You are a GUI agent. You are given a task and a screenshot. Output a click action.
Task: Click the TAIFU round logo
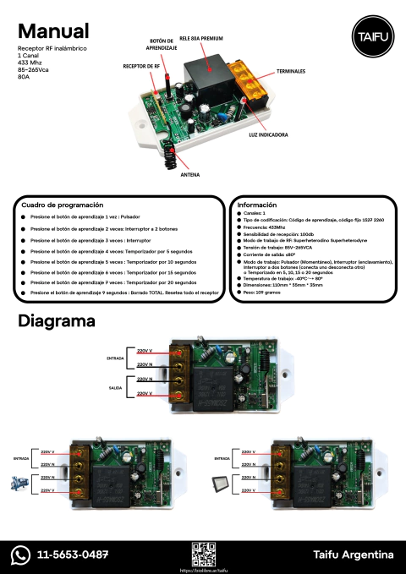click(x=367, y=38)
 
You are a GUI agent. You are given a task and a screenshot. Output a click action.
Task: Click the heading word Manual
click(x=53, y=31)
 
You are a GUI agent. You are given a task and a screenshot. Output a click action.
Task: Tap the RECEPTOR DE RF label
click(x=141, y=65)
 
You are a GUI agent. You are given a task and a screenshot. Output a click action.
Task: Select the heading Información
click(x=257, y=205)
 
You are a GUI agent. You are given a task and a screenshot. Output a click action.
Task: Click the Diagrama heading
click(x=56, y=322)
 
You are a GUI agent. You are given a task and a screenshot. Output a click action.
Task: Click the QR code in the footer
click(x=203, y=553)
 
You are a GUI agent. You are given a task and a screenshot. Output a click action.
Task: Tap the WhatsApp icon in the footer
click(x=20, y=555)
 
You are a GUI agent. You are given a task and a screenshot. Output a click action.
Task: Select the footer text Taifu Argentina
click(x=353, y=555)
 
